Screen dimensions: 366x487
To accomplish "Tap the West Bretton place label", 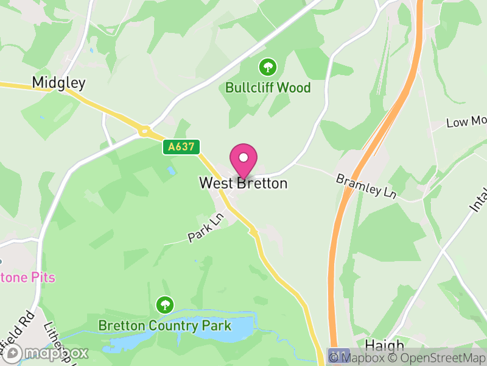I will pos(243,183).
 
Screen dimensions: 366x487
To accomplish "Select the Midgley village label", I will pos(58,83).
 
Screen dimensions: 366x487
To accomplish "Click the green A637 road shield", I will pos(181,147).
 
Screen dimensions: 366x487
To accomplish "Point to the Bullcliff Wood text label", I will pos(268,87).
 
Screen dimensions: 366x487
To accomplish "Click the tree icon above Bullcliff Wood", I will pos(267,66).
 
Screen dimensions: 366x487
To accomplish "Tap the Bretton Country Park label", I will pos(165,325).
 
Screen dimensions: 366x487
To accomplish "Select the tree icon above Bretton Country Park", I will pos(164,304).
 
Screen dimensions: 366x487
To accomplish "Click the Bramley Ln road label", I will pos(366,186).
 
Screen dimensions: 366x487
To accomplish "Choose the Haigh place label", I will pos(385,345).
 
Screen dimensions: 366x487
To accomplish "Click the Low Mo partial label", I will pos(466,122).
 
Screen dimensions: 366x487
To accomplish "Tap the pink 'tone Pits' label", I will pos(28,278).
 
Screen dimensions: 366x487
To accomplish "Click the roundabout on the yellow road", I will pos(145,130).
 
